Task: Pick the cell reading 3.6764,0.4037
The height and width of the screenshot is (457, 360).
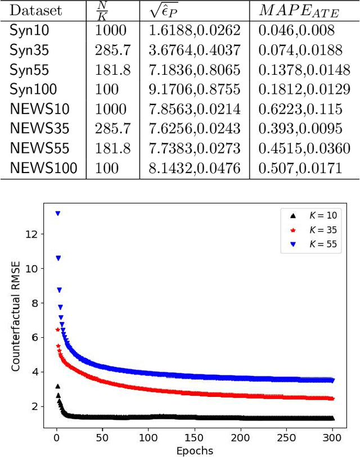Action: [x=194, y=51]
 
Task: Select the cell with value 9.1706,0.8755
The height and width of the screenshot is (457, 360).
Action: [x=194, y=89]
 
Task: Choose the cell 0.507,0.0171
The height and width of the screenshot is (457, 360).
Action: [x=299, y=168]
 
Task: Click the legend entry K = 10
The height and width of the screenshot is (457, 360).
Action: [x=312, y=216]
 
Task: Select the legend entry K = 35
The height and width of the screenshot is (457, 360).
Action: [x=312, y=230]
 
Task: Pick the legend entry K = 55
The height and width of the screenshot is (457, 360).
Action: [x=312, y=245]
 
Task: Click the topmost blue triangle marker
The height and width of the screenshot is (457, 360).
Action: [x=57, y=214]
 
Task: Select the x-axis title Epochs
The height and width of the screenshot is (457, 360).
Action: [x=194, y=450]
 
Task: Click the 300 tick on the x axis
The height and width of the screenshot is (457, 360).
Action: [x=333, y=437]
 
